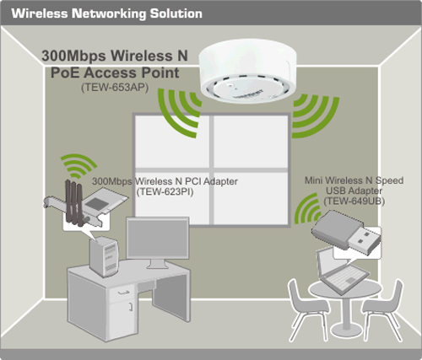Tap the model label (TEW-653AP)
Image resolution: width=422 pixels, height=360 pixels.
115,88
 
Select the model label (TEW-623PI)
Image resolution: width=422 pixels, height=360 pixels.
165,192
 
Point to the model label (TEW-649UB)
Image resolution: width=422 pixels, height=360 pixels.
354,201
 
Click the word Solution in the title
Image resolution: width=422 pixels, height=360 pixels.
176,13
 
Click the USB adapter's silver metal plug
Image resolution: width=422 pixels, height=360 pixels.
365,240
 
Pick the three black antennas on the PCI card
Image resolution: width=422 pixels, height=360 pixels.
74,201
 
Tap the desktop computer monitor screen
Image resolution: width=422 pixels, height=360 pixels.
158,238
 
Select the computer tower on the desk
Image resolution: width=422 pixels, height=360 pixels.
104,256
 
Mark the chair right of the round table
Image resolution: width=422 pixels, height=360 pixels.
383,309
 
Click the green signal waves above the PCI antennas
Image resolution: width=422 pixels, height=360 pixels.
78,165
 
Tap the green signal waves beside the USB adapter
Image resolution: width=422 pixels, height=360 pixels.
307,209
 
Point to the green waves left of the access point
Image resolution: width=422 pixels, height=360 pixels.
179,112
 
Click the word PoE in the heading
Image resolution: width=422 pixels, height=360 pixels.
65,73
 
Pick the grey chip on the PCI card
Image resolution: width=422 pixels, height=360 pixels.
97,203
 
